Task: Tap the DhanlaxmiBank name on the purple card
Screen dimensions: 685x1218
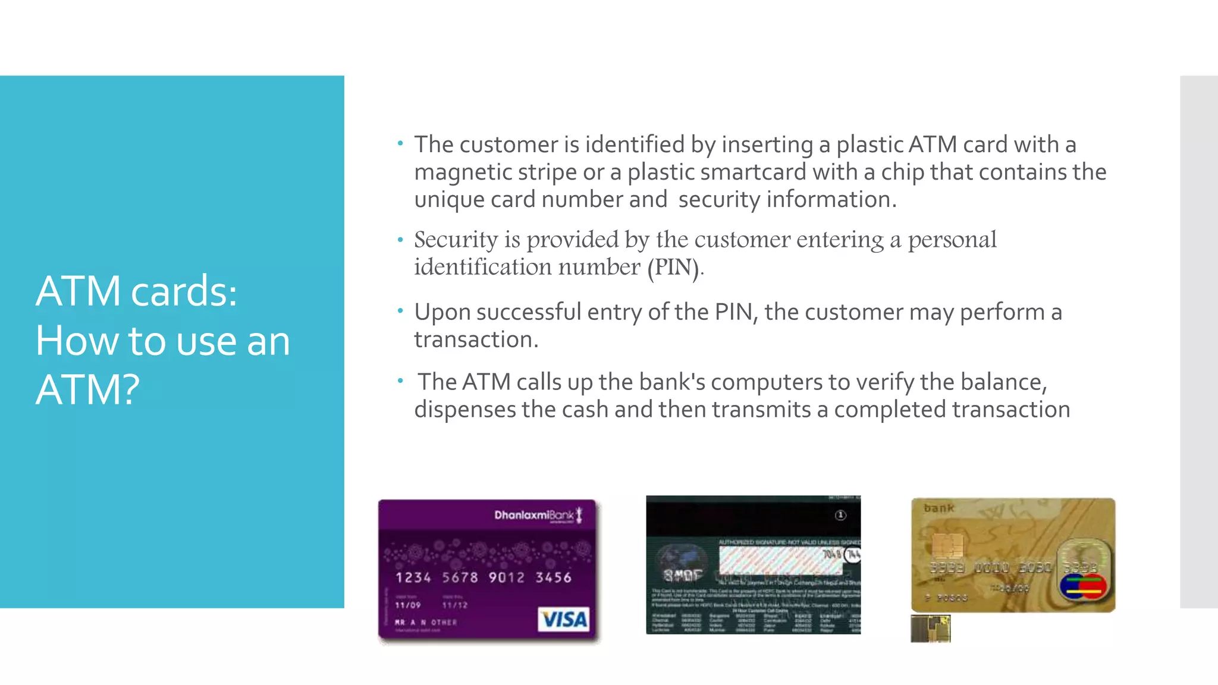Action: click(x=534, y=515)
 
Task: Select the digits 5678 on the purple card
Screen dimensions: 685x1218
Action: click(x=460, y=577)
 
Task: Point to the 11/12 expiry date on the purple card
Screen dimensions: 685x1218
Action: click(x=455, y=605)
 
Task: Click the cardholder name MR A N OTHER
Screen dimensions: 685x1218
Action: click(x=426, y=623)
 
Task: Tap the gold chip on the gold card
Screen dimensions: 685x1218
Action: click(x=947, y=544)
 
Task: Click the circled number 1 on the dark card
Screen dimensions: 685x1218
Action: click(x=840, y=516)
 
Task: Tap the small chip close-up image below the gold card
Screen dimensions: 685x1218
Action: click(x=931, y=629)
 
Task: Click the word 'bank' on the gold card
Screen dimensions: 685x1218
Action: click(x=938, y=508)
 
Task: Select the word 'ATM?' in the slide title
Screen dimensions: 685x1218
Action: click(x=87, y=390)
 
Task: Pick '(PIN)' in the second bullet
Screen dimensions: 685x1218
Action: click(x=674, y=267)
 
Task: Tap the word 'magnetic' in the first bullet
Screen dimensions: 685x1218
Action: click(x=463, y=172)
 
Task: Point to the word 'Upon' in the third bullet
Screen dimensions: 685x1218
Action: click(x=442, y=312)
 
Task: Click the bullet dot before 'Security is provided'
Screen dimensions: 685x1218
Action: click(x=401, y=240)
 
